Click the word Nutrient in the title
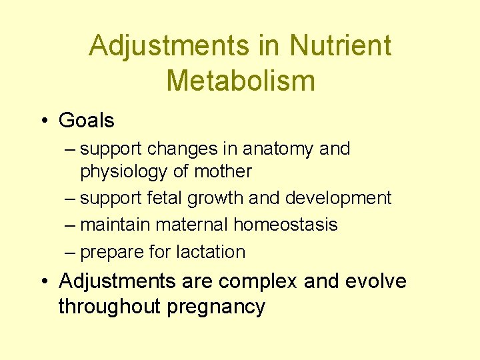(340, 46)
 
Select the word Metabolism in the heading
(240, 81)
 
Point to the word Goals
(87, 121)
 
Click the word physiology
(124, 172)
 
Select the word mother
(222, 171)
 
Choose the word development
(338, 199)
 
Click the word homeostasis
(285, 225)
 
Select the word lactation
(211, 252)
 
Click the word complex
(257, 282)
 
